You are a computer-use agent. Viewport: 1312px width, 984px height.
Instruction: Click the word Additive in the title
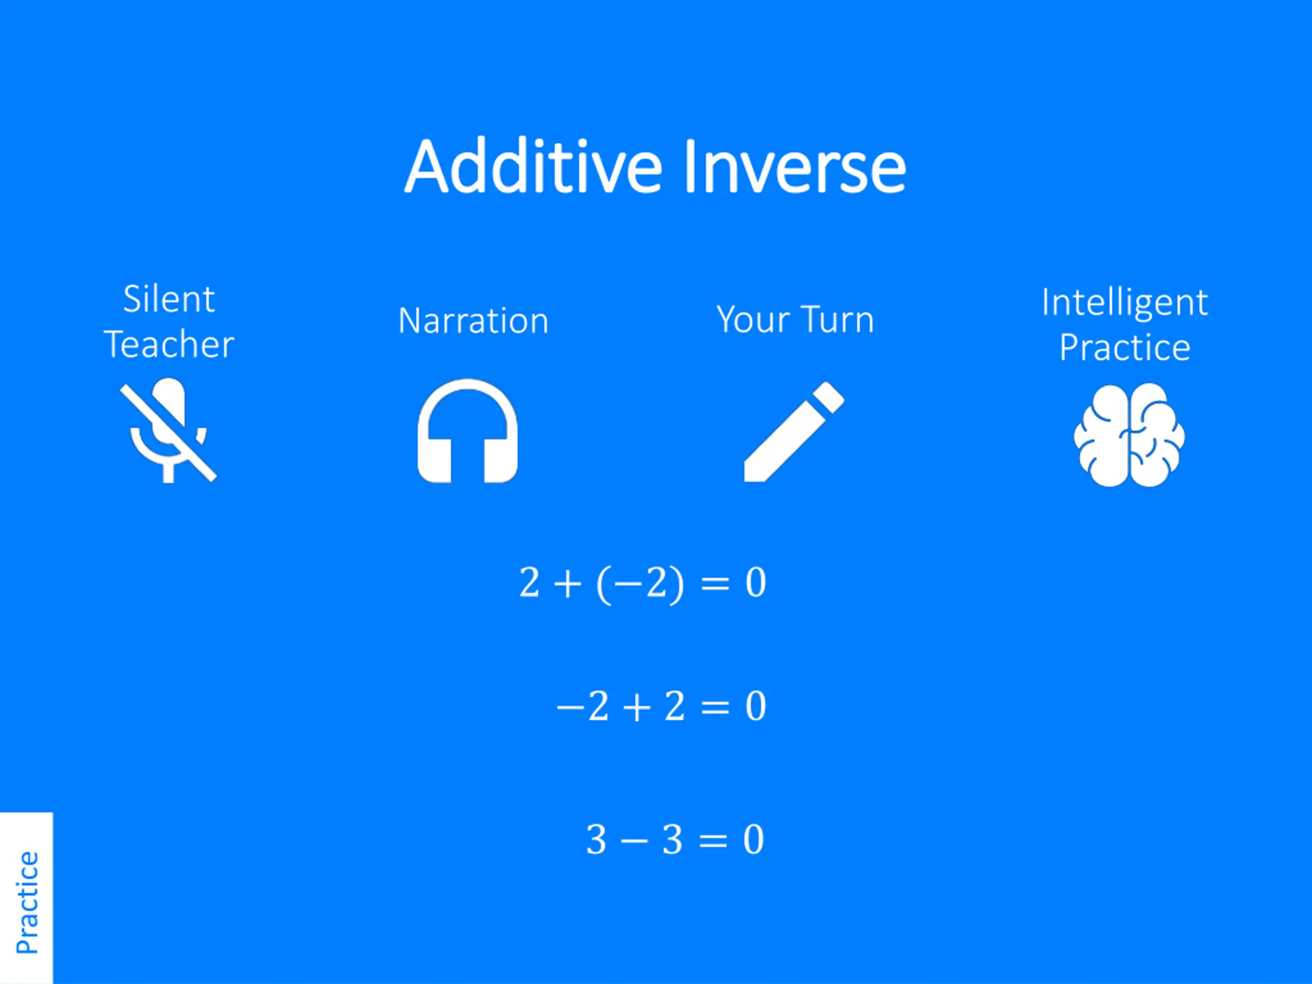click(533, 166)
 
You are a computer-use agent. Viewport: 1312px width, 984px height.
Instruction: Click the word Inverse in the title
click(795, 166)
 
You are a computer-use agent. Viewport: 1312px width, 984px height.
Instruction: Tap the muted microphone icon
click(169, 430)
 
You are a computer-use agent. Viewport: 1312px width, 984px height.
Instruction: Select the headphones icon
click(467, 431)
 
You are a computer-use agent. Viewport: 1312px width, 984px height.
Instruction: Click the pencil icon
click(793, 432)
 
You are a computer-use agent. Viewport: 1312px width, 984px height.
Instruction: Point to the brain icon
click(1130, 435)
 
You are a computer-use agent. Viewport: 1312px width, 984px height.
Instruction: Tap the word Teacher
click(169, 344)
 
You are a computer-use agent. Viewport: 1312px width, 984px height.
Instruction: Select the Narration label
click(474, 321)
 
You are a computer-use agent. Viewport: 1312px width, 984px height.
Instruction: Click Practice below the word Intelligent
click(1124, 347)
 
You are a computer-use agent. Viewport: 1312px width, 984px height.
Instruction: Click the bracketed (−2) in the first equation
click(640, 584)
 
